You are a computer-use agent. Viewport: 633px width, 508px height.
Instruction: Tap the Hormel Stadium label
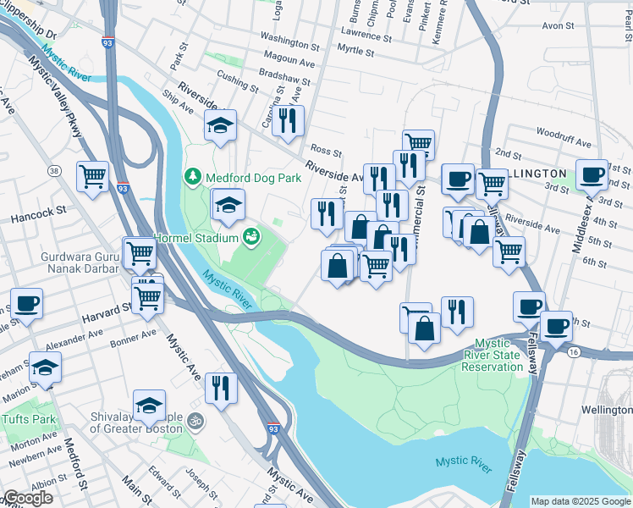point(196,238)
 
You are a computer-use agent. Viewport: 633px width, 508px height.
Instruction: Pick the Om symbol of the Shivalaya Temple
point(195,419)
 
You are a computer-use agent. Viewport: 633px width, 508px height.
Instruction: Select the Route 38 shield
point(54,171)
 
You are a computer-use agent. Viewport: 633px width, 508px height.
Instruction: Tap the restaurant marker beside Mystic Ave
point(221,388)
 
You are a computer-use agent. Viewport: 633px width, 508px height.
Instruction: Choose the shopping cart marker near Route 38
point(92,176)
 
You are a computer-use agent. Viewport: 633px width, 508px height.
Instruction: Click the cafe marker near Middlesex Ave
point(592,174)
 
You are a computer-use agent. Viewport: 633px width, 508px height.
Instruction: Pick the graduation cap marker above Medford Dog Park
point(221,125)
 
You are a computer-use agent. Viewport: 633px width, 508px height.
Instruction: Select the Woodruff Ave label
point(559,134)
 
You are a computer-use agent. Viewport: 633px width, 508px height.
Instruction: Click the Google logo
point(28,498)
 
